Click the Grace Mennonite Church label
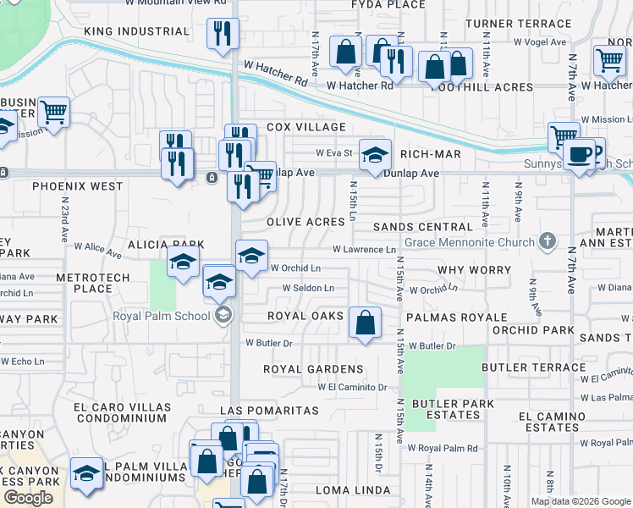471,242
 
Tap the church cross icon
548,242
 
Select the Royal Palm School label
162,317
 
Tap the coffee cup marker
580,155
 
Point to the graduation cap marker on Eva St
375,154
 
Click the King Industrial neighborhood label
136,31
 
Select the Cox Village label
305,127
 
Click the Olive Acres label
305,221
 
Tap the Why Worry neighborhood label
474,270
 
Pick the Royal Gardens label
313,369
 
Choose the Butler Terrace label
533,367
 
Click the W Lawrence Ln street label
364,250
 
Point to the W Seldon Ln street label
308,288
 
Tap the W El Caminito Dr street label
352,387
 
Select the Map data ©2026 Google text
581,501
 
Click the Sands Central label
422,227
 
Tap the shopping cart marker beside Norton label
609,60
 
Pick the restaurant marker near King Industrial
223,34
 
